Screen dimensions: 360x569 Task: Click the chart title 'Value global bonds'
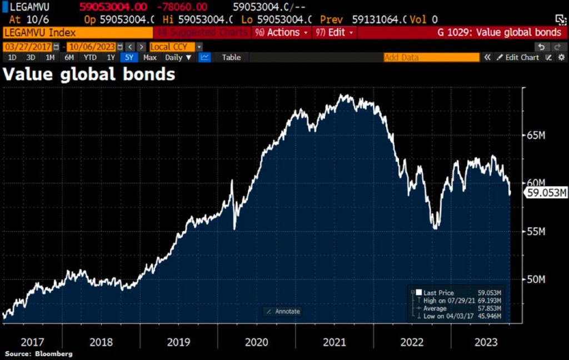pos(89,74)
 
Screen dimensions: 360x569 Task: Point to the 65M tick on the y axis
pos(536,135)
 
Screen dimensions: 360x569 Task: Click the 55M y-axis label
pos(536,231)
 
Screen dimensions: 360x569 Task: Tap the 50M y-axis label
pos(536,279)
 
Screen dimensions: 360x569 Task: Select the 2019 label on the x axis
pos(178,342)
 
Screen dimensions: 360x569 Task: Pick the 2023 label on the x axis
pos(487,342)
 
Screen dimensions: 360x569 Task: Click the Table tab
pos(231,57)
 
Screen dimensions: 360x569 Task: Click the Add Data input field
pos(431,57)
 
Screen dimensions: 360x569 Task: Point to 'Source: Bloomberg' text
pos(38,354)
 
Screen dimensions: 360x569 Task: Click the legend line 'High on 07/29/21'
pos(448,301)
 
